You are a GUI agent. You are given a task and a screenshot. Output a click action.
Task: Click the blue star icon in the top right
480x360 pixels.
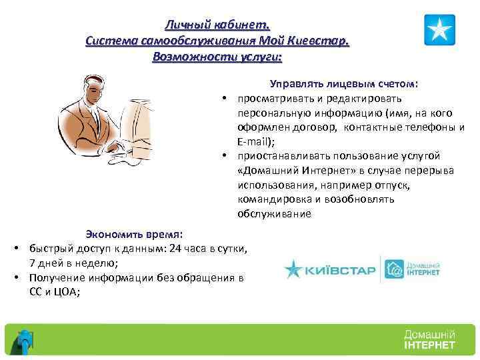click(439, 29)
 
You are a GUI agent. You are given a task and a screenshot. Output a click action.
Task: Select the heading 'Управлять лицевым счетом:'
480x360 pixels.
click(344, 85)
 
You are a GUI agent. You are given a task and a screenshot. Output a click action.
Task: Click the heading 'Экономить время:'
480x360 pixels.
click(137, 234)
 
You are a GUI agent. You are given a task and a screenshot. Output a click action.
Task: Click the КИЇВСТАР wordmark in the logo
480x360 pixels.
click(341, 271)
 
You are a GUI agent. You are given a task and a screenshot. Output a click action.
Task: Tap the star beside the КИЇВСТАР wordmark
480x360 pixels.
click(294, 269)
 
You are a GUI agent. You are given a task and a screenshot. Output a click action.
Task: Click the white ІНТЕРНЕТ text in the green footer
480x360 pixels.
click(429, 345)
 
